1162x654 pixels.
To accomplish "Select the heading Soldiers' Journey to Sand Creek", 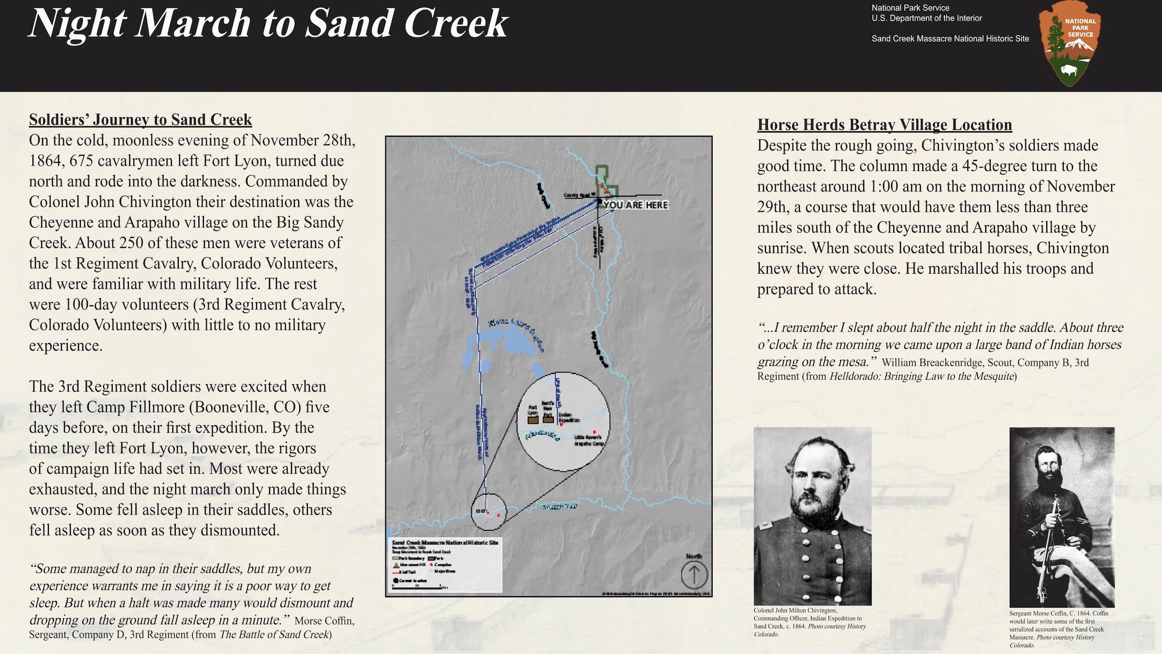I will pos(140,120).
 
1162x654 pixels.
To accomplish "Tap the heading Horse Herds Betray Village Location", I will pos(885,125).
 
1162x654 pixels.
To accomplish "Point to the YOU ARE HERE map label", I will pos(636,205).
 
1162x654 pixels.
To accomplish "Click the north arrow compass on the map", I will pos(694,575).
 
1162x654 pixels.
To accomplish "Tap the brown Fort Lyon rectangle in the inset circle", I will pos(533,420).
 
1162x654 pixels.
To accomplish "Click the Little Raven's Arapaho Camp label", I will pos(589,440).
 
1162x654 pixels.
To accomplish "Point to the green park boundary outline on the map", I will pos(602,174).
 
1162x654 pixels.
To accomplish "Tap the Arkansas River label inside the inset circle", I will pos(542,435).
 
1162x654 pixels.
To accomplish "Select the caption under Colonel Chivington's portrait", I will pos(809,622).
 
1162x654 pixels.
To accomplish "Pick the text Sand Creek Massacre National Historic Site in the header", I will pos(950,39).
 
